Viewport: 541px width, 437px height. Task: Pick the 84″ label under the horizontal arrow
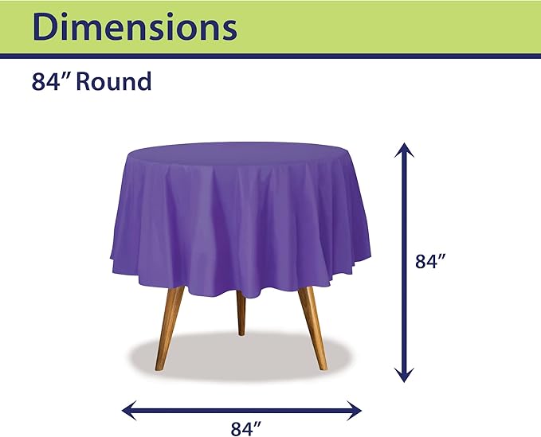click(246, 429)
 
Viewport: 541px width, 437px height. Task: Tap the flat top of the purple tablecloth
click(239, 151)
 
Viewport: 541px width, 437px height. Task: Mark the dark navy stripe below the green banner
click(270, 56)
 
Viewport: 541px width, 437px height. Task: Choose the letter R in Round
click(87, 81)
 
